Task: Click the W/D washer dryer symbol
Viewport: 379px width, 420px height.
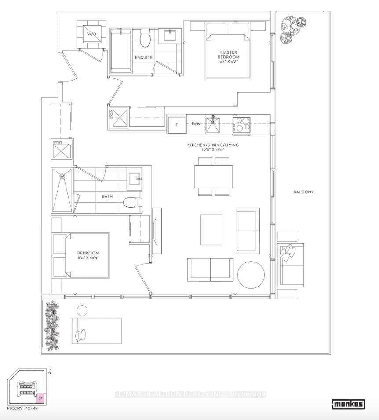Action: click(x=91, y=34)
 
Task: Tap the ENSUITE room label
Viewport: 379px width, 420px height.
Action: click(x=144, y=58)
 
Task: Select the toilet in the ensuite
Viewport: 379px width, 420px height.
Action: click(x=145, y=38)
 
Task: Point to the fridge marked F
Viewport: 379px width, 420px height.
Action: click(x=176, y=125)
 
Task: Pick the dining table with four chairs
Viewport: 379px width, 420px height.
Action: click(x=214, y=177)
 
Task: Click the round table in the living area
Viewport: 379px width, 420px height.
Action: click(x=251, y=274)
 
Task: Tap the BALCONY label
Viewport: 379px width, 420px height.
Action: click(x=303, y=192)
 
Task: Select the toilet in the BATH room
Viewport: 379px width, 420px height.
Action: click(x=132, y=202)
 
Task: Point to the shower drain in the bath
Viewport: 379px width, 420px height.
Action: click(x=62, y=177)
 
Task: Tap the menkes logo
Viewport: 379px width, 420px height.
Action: click(x=348, y=403)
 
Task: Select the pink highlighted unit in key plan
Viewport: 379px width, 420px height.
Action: click(x=40, y=398)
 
